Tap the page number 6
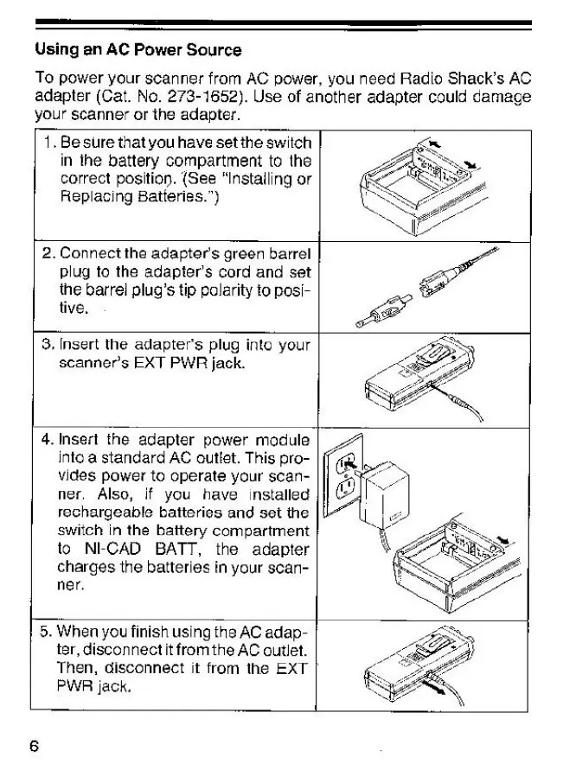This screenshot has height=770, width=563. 35,745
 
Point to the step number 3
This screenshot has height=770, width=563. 48,345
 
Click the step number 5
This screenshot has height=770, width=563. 48,633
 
